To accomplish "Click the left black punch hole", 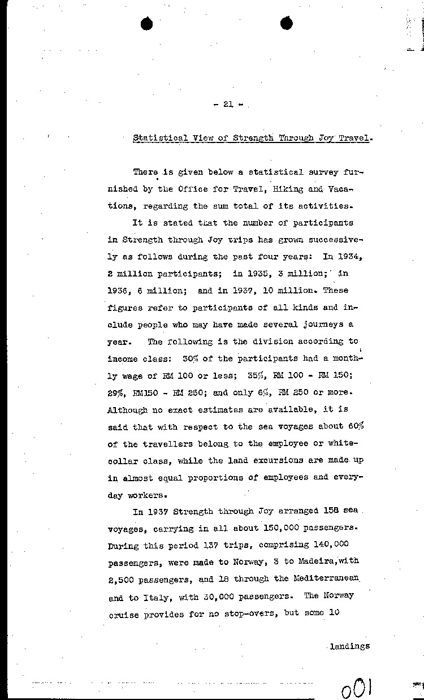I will [147, 23].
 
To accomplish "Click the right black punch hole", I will [287, 23].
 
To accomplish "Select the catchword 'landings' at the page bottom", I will [349, 646].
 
